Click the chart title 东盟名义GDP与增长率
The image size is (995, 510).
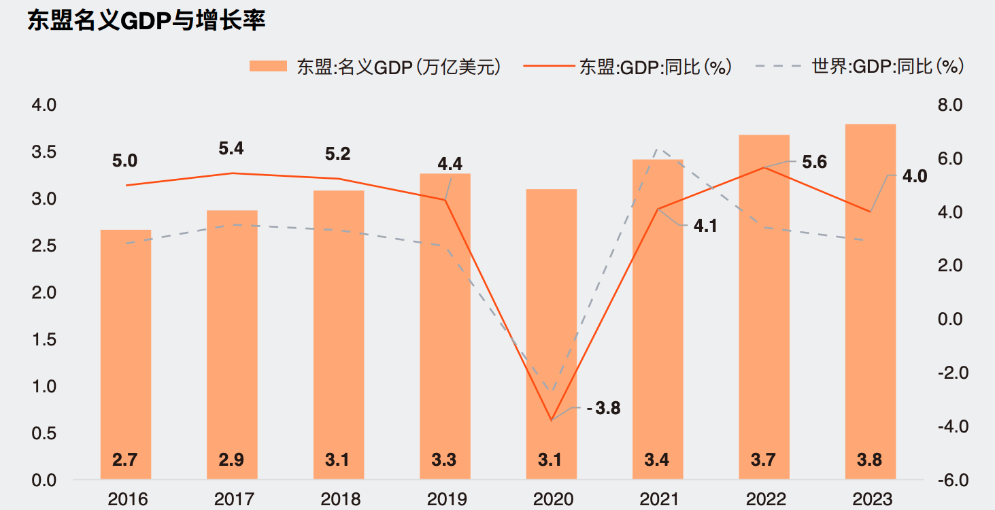click(146, 20)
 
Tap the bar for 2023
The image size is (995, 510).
click(870, 299)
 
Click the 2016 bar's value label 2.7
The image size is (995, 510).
click(125, 460)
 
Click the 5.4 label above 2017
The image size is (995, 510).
click(231, 148)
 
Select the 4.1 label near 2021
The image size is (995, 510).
click(705, 225)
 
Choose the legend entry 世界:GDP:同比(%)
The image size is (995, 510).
click(860, 67)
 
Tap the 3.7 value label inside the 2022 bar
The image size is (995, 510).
click(763, 460)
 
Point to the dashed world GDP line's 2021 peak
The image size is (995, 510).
click(657, 149)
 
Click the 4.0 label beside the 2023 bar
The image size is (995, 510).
click(914, 177)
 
